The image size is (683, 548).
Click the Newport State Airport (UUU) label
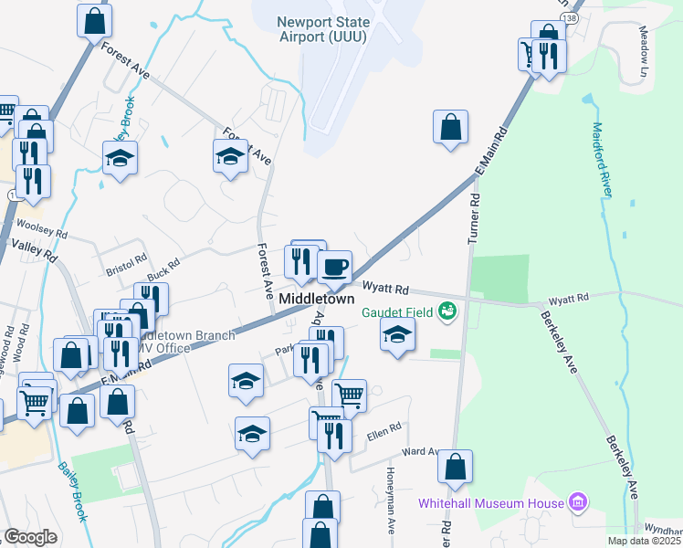(x=325, y=29)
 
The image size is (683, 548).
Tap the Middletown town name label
(x=317, y=300)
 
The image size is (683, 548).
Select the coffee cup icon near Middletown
(x=335, y=268)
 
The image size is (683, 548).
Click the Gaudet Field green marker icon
(x=447, y=312)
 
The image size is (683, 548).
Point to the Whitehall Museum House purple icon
(x=576, y=501)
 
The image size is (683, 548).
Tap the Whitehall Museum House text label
(x=490, y=503)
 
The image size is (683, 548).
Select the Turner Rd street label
(x=473, y=220)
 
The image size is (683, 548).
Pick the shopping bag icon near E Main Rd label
(x=450, y=128)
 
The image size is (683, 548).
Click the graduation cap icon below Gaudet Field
(x=396, y=337)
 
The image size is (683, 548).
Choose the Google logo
(x=31, y=537)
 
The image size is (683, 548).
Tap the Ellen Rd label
(x=384, y=427)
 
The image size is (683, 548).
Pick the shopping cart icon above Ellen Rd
(x=349, y=395)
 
